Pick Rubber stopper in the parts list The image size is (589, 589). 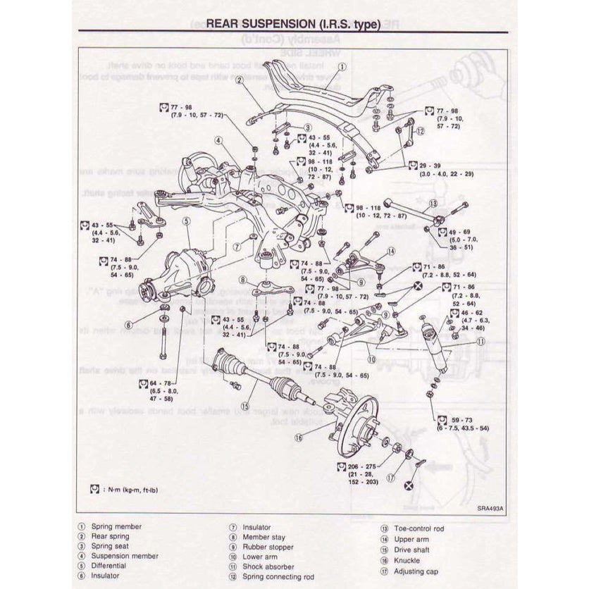(x=264, y=546)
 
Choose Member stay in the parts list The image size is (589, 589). (x=262, y=536)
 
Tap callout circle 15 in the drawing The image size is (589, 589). (x=244, y=406)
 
